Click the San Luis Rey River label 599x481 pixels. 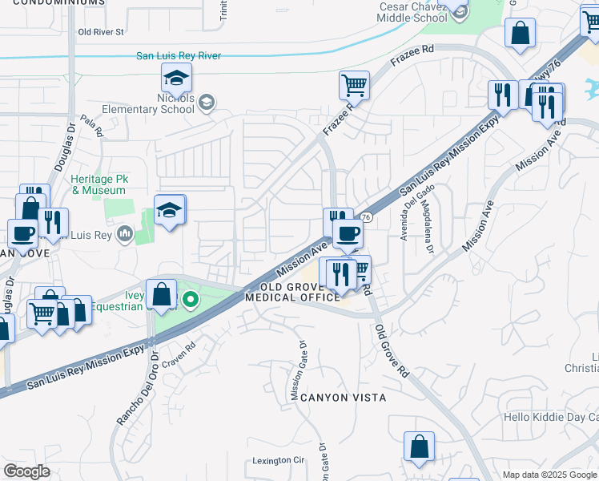(x=179, y=56)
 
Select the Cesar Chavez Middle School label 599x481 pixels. (x=412, y=12)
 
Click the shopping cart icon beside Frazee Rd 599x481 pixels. (x=353, y=83)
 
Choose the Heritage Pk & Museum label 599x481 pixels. (x=98, y=185)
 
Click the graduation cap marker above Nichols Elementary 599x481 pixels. (x=176, y=79)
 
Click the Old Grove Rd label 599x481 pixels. (x=392, y=351)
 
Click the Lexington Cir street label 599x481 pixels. (x=279, y=460)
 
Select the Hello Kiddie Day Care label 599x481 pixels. (x=552, y=418)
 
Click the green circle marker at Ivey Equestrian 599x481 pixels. (x=191, y=301)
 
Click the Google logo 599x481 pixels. (x=26, y=471)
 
